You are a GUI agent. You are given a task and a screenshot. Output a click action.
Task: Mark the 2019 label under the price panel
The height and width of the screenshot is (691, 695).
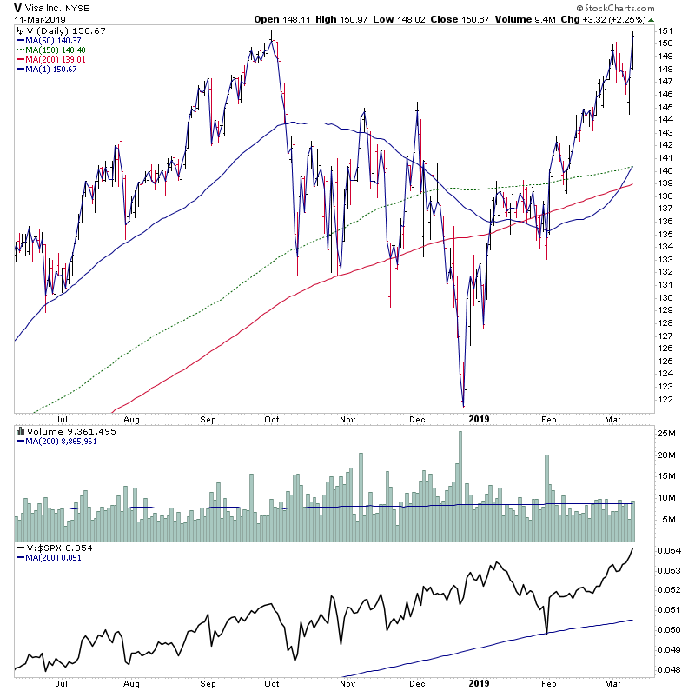point(480,418)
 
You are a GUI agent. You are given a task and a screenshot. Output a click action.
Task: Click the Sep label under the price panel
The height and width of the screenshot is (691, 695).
point(208,418)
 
